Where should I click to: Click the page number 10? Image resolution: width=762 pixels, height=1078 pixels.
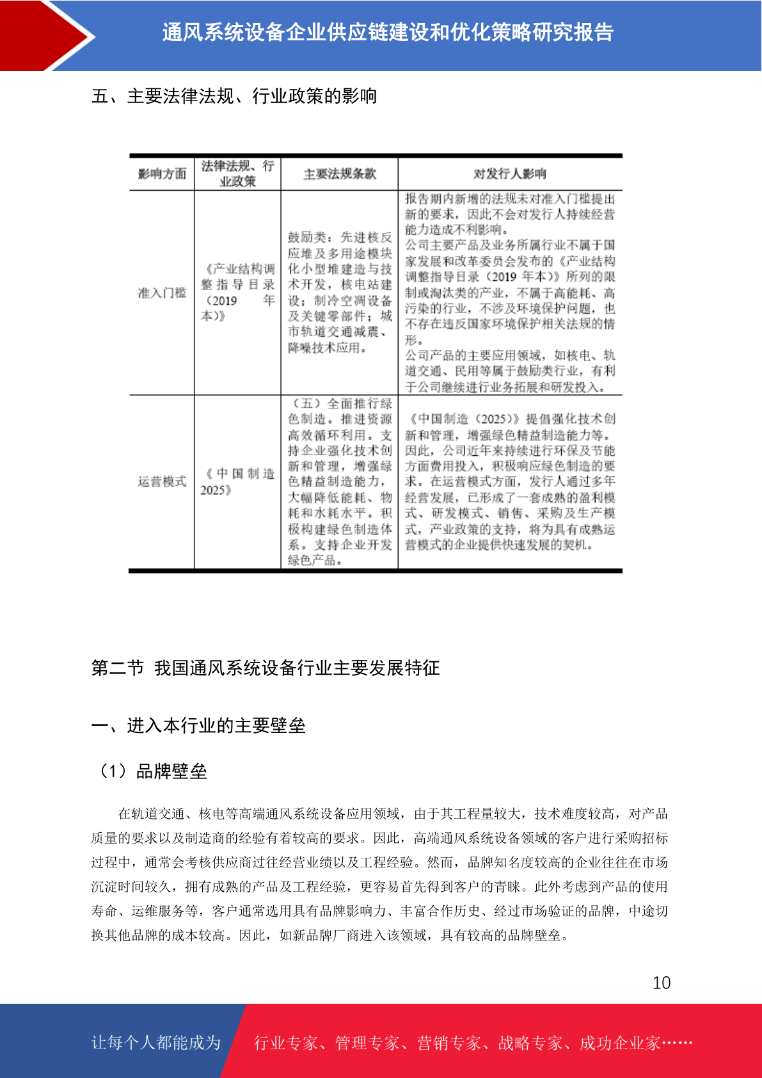[x=661, y=983]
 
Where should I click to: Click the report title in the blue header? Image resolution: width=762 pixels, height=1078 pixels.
[x=388, y=32]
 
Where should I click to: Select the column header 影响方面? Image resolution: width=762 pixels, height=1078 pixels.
[x=162, y=174]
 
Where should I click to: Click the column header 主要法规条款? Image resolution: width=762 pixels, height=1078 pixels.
[x=339, y=174]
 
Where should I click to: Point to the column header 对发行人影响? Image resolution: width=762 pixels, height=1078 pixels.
[x=509, y=174]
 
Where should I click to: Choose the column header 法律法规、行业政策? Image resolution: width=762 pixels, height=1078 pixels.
[x=237, y=173]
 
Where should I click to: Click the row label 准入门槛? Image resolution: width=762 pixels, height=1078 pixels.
[x=162, y=293]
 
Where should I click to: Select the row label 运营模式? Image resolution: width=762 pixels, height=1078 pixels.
[x=162, y=481]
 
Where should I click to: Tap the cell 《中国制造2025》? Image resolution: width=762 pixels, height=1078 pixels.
[x=237, y=481]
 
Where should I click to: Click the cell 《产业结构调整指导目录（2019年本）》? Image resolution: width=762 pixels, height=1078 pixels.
[x=237, y=293]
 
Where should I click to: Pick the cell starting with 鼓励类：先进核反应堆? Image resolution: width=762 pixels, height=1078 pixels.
[x=339, y=293]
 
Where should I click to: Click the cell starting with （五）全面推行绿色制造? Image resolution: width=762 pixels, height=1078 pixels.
[x=339, y=481]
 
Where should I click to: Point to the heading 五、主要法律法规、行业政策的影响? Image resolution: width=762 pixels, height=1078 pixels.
[x=234, y=96]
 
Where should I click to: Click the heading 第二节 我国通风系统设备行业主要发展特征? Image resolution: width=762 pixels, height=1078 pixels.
[x=265, y=668]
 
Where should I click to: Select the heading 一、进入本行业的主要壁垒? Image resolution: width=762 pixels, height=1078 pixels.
[x=198, y=726]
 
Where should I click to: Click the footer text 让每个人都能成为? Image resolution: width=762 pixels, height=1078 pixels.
[x=156, y=1043]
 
